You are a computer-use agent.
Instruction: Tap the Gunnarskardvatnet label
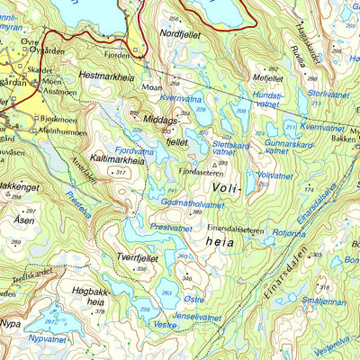coord(290,148)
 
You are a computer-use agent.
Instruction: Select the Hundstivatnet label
coord(267,99)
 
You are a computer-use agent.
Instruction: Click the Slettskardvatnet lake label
coord(229,148)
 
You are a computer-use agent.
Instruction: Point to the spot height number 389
coord(197,212)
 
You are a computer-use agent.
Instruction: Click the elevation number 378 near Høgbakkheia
coord(99,311)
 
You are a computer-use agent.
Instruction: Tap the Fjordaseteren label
coord(200,170)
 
